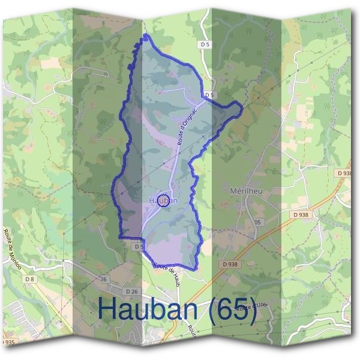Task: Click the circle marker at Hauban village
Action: pos(164,200)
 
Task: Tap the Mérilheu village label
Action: pos(247,190)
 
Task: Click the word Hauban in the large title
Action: pos(151,308)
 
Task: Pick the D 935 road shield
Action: pos(8,341)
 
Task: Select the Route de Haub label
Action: pos(166,274)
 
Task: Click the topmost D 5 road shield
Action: pos(205,44)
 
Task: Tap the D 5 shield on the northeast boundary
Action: pos(209,95)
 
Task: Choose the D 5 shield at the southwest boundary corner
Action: pos(139,246)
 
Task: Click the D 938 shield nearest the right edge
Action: pos(344,173)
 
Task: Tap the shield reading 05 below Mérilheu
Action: pos(258,222)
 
